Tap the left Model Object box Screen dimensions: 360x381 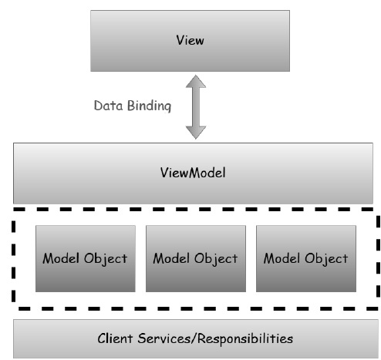(85, 258)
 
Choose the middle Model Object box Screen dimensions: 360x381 (195, 258)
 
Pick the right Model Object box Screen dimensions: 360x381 (306, 258)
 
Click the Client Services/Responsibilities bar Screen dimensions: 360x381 (195, 338)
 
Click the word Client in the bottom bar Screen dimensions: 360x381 (115, 338)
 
